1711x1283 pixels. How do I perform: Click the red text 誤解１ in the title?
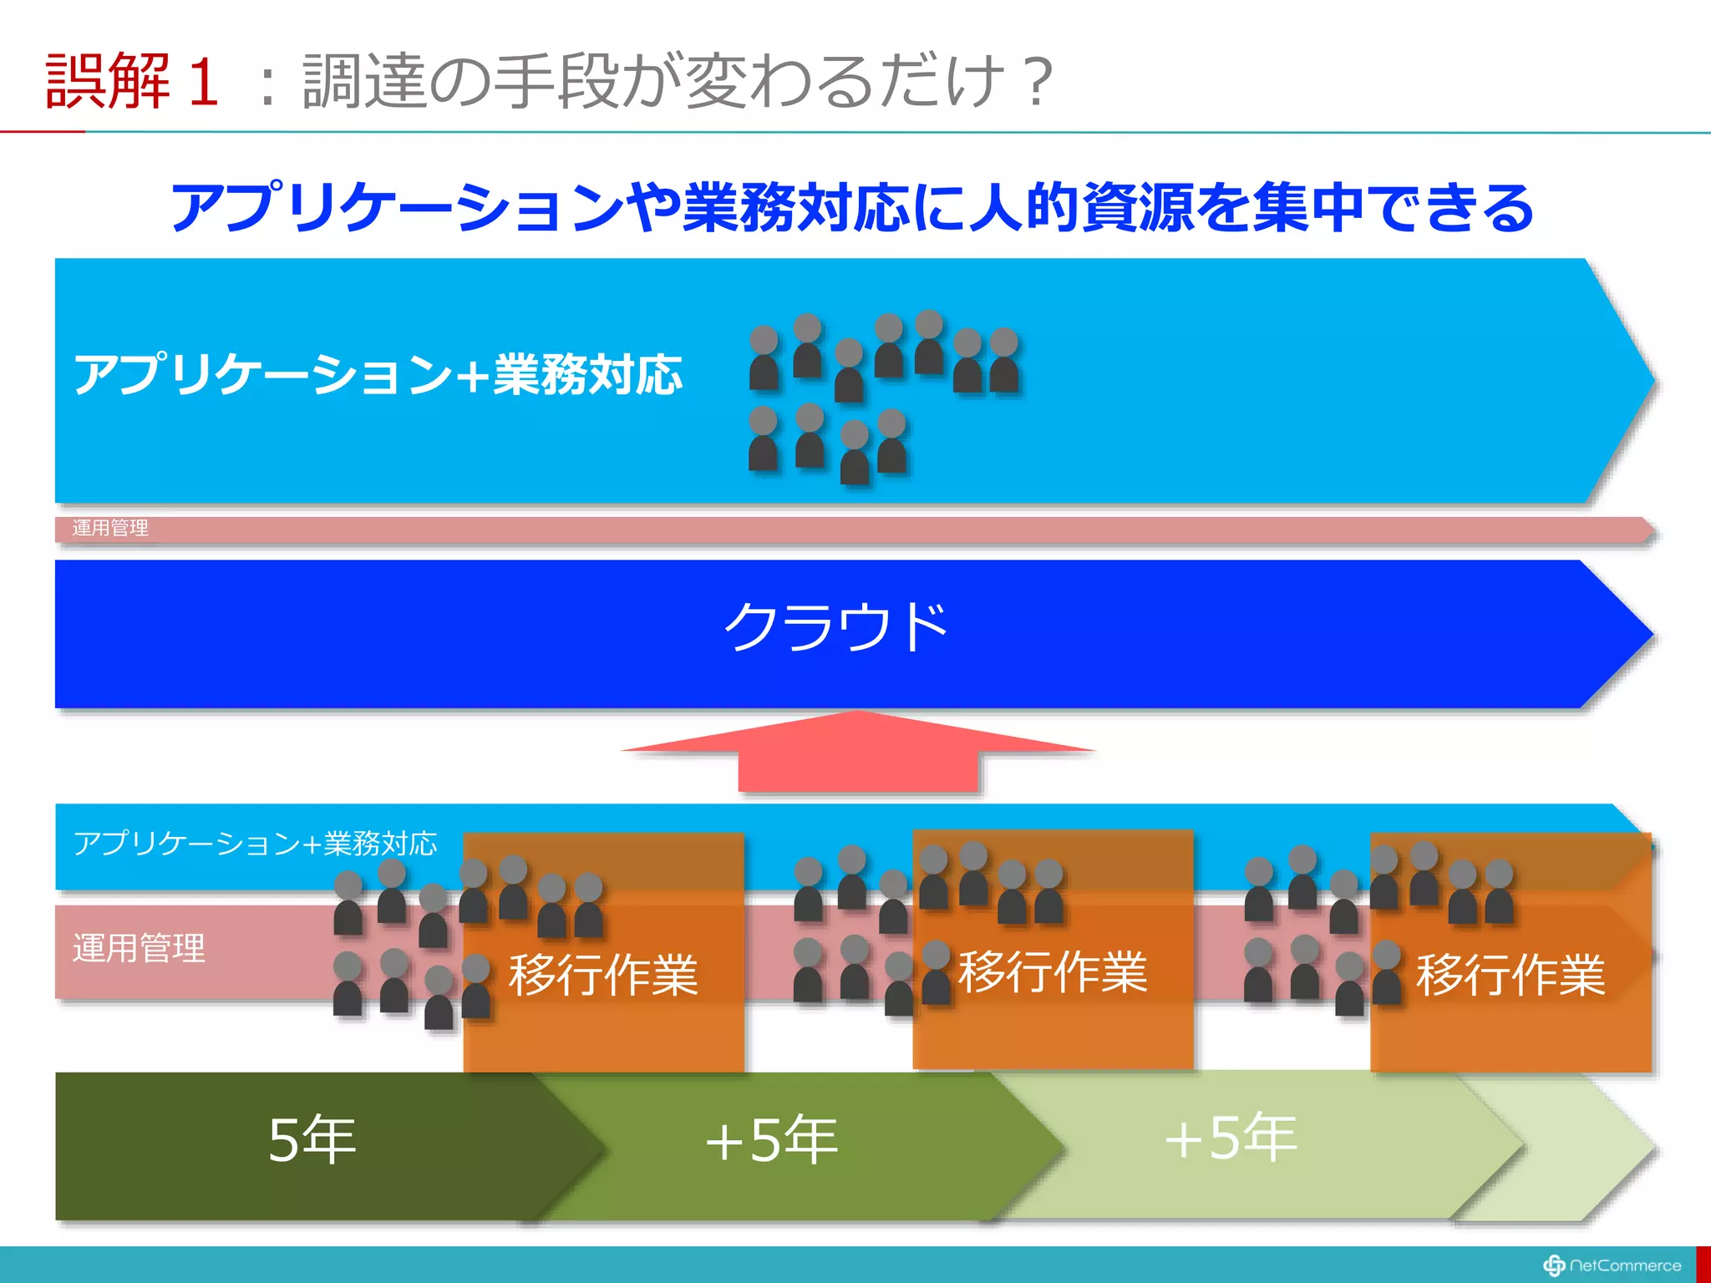point(132,80)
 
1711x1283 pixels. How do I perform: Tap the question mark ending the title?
point(1038,81)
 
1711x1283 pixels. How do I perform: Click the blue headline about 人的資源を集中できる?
point(852,207)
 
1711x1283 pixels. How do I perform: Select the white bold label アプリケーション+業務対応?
point(378,373)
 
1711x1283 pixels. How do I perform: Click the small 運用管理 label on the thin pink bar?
point(110,528)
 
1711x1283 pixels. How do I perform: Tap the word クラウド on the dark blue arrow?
point(836,626)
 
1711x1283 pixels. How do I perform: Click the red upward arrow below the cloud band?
point(858,752)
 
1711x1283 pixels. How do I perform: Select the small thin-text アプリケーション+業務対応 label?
point(255,844)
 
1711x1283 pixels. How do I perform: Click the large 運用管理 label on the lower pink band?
point(139,948)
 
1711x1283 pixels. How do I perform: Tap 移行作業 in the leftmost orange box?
point(603,974)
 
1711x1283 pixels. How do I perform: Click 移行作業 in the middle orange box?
point(1053,971)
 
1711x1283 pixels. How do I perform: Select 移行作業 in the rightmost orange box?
point(1510,974)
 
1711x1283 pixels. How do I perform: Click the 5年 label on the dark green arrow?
point(312,1139)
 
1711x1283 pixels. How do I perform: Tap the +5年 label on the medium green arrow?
point(770,1139)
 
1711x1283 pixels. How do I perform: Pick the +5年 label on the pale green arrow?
point(1230,1138)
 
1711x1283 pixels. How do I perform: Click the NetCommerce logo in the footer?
point(1612,1265)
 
